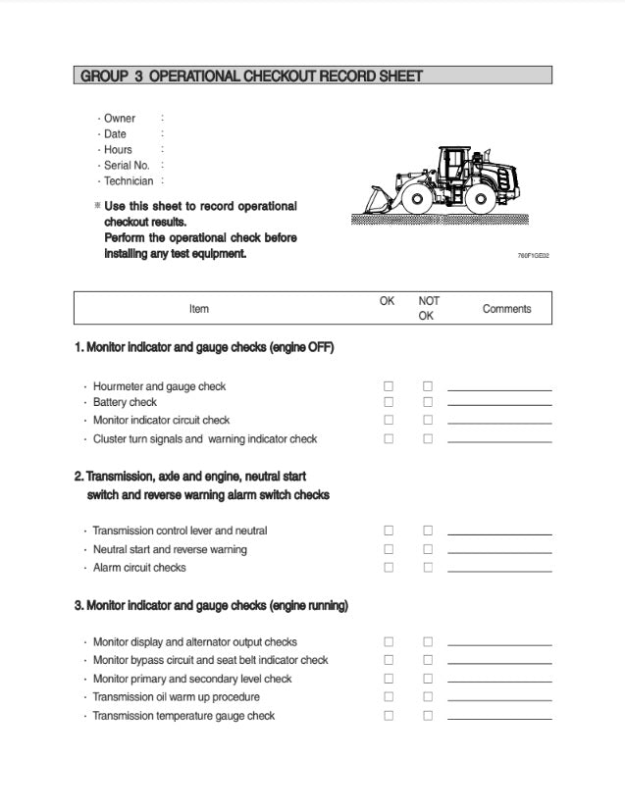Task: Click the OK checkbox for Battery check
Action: coord(389,402)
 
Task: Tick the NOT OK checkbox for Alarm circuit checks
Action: coord(428,568)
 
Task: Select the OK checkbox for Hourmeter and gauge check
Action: coord(389,386)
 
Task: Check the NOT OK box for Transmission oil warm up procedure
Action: coord(428,697)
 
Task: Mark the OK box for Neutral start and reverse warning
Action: coord(389,549)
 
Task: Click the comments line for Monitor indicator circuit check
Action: coord(499,422)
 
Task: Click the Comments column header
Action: coord(506,309)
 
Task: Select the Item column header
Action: coord(199,309)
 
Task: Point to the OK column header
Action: coord(388,301)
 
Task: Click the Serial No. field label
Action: coord(127,166)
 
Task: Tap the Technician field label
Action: coord(129,181)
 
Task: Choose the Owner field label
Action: coord(120,119)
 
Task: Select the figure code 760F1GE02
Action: coord(533,256)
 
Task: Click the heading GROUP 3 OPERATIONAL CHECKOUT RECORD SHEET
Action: coord(251,76)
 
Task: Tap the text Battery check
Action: coord(125,402)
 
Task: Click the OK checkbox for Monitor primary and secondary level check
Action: coord(389,679)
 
